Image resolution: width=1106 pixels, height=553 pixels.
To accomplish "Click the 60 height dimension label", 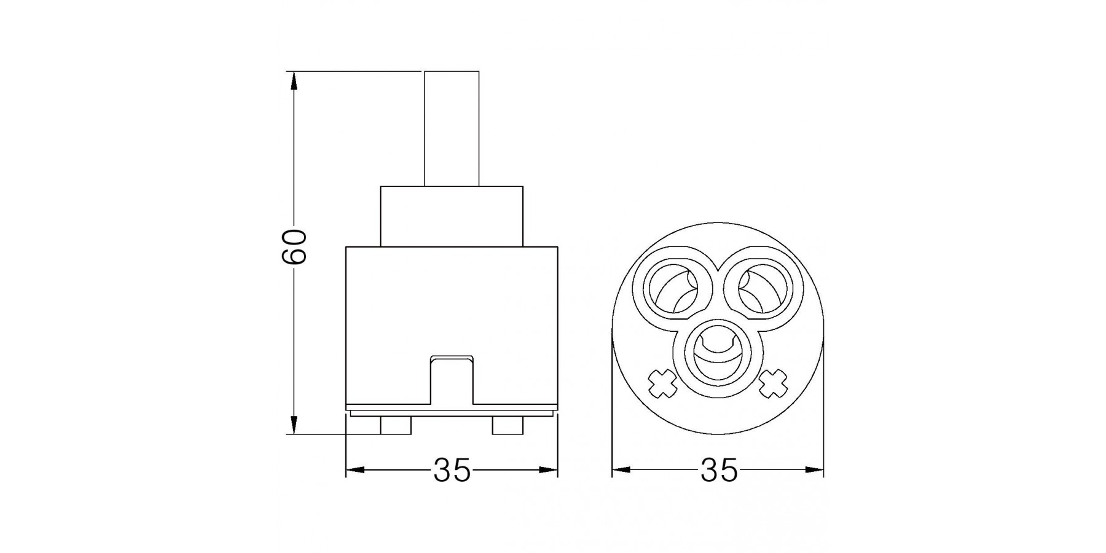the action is [x=294, y=246].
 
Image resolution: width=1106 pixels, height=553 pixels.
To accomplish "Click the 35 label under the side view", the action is [x=452, y=471].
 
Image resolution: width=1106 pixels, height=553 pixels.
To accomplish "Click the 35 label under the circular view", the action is [x=718, y=471].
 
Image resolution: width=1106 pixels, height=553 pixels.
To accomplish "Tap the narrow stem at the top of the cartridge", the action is [x=452, y=128].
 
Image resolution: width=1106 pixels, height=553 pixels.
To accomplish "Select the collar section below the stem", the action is [x=452, y=216].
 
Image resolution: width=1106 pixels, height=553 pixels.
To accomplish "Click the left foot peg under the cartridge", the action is [x=396, y=426].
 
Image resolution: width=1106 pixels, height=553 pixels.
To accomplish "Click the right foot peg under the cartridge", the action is [x=508, y=426].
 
